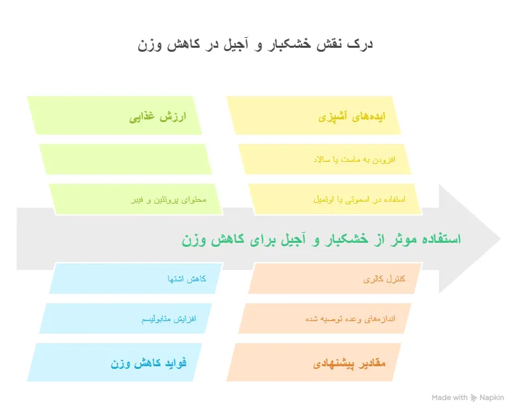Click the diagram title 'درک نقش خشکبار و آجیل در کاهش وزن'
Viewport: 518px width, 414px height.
point(255,44)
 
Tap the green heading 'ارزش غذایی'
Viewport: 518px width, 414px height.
point(157,117)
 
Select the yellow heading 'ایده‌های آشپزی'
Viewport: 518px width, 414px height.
point(352,117)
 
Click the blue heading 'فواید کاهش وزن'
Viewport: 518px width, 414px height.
point(148,363)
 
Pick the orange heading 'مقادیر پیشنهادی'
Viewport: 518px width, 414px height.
point(349,364)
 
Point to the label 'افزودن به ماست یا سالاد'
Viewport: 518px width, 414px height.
point(354,160)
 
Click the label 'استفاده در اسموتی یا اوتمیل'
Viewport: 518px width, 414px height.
point(359,200)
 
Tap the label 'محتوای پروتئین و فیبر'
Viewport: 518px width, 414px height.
point(169,200)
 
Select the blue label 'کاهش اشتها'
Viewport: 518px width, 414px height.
point(187,279)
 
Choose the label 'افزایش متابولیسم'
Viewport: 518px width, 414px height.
point(169,319)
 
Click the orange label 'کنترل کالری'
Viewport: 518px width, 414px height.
point(385,279)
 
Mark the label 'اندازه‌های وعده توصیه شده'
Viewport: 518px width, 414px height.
point(351,319)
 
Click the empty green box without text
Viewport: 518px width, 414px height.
point(126,159)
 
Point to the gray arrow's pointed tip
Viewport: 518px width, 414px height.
point(500,239)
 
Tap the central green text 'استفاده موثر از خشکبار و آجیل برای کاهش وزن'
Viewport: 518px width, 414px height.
point(321,239)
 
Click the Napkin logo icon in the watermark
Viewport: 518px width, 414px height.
point(474,398)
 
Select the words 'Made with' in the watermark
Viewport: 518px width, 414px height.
point(450,397)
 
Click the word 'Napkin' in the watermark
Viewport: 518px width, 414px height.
point(492,398)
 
